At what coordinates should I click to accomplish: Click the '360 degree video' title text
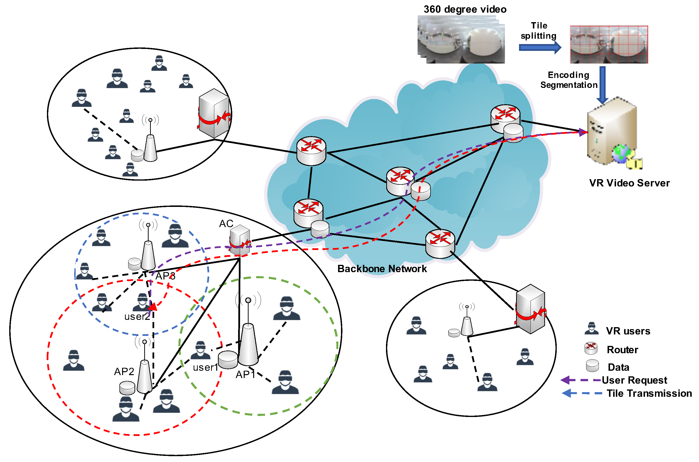point(465,9)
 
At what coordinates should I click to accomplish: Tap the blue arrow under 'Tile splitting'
point(539,47)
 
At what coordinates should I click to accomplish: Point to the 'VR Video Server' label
point(629,183)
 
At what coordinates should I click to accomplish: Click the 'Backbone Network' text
point(382,269)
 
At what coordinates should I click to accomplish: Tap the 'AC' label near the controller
point(226,224)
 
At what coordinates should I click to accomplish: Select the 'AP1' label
point(245,374)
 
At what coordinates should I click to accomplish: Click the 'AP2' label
point(124,371)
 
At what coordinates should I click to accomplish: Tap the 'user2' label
point(137,317)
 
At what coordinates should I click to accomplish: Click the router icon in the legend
point(591,348)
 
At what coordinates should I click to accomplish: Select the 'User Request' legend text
point(634,380)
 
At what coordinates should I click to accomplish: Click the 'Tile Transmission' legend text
point(649,393)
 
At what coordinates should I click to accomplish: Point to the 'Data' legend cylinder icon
point(592,366)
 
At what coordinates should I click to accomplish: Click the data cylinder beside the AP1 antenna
point(227,360)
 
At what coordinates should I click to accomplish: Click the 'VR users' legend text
point(628,331)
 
